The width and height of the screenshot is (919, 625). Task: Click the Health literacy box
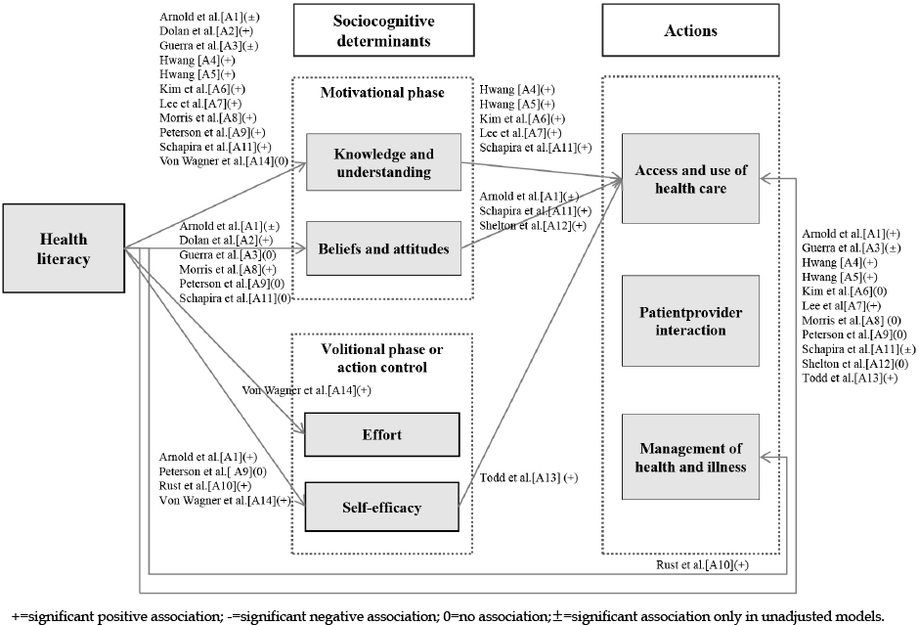click(64, 248)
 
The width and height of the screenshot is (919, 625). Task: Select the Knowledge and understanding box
click(384, 162)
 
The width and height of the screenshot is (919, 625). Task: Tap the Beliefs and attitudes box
click(384, 248)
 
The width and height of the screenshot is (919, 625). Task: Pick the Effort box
click(381, 434)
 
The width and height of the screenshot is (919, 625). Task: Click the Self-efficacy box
click(381, 508)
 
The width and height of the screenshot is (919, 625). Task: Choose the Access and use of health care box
click(690, 179)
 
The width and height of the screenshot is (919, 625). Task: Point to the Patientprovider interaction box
click(690, 321)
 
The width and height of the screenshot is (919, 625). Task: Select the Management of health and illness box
click(690, 457)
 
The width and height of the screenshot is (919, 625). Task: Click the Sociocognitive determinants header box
click(384, 30)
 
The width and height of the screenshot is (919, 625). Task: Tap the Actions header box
click(690, 30)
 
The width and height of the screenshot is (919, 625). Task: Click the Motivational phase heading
click(382, 93)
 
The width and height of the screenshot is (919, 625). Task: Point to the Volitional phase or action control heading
click(382, 358)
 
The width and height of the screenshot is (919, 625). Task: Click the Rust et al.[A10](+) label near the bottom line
click(703, 565)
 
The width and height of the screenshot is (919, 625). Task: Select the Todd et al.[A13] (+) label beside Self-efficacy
click(529, 478)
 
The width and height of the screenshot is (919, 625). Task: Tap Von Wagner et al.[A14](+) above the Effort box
click(307, 390)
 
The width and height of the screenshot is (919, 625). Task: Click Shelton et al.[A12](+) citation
click(533, 226)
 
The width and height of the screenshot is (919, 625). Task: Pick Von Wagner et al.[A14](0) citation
click(224, 161)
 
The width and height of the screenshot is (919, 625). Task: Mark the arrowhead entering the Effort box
click(301, 431)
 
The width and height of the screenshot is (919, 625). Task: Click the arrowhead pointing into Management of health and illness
click(765, 457)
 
